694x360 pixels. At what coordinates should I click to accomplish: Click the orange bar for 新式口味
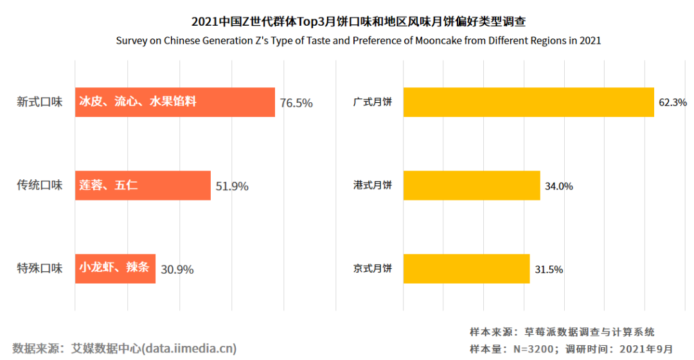click(175, 102)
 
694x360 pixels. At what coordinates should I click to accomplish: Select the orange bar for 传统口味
click(143, 186)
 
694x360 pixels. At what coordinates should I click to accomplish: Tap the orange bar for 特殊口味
click(115, 269)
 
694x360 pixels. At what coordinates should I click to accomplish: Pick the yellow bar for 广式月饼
click(528, 102)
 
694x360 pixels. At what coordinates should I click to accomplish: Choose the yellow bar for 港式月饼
click(472, 186)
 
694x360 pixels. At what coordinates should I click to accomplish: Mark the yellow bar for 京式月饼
click(467, 269)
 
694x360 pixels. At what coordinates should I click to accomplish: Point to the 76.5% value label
click(296, 103)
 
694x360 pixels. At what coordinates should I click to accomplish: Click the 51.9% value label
click(232, 186)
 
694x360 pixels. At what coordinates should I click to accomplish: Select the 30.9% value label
click(177, 269)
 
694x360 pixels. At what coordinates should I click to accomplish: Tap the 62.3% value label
click(673, 102)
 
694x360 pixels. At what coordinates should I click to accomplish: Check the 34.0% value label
click(559, 186)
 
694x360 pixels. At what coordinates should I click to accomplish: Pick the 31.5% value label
click(549, 269)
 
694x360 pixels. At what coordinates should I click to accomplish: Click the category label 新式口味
click(40, 102)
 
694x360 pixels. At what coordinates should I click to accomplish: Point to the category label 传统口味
click(40, 185)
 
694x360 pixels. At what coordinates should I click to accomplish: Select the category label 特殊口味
click(40, 269)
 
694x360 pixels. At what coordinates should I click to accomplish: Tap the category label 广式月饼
click(373, 102)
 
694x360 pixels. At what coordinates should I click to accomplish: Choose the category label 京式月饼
click(373, 269)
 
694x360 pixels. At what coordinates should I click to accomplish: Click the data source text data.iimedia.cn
click(125, 348)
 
